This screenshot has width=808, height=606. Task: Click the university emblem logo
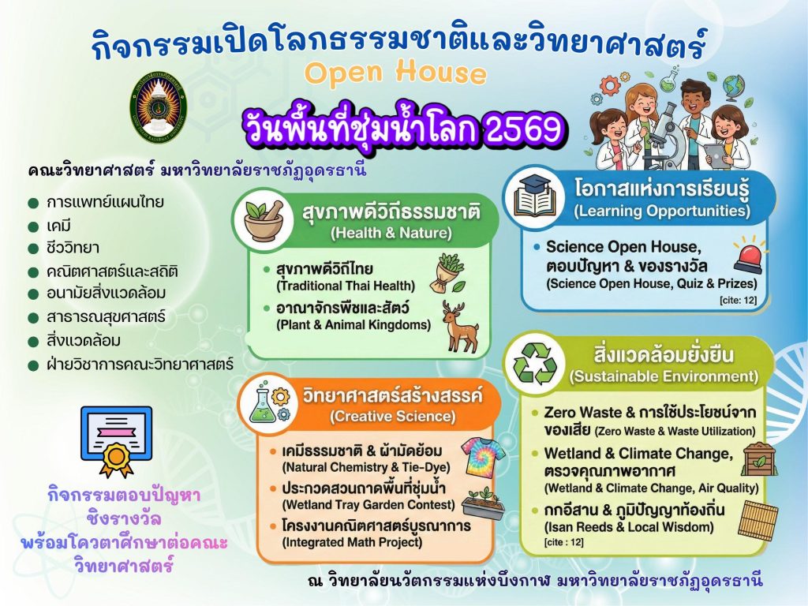[158, 107]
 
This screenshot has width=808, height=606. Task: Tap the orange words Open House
[395, 73]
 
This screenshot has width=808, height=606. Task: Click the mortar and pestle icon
[264, 220]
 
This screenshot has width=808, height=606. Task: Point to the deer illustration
[460, 327]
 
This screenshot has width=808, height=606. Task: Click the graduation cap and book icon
[534, 196]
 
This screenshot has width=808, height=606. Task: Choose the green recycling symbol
[535, 364]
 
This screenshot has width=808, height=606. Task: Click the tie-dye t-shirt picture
[482, 456]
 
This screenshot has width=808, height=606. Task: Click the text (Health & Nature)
[391, 233]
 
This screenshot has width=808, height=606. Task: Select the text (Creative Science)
[392, 417]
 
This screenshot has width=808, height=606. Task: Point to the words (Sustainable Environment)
[664, 376]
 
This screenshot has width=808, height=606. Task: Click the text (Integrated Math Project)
[352, 542]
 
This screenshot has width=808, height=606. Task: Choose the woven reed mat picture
[758, 521]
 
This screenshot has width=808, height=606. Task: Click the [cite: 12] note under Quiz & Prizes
[738, 300]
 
